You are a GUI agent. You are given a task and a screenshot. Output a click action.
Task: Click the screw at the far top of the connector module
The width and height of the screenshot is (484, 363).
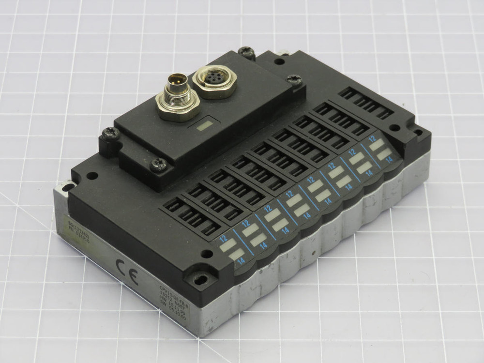247,52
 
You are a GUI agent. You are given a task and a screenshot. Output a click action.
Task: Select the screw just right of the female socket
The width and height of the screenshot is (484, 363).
293,79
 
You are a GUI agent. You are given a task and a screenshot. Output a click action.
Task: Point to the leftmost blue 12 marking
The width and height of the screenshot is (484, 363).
223,238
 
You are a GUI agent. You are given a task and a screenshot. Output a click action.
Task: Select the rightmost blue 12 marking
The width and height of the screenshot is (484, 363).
373,138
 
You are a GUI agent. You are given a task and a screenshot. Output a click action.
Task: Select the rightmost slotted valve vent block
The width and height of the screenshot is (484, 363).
366,102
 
